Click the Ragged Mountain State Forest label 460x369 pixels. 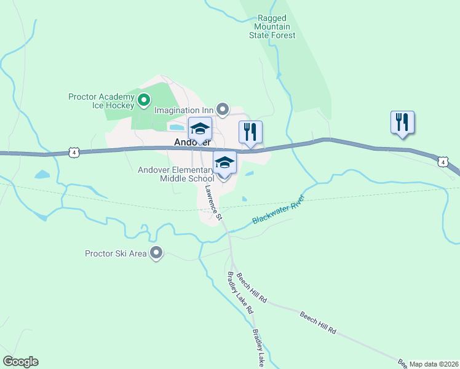click(272, 27)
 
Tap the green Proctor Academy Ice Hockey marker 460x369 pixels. click(143, 98)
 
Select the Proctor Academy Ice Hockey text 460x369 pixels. click(101, 101)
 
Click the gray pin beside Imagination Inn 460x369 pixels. click(223, 110)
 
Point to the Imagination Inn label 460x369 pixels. click(184, 111)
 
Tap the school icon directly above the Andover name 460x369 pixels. click(200, 129)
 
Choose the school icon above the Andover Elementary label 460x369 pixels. click(224, 163)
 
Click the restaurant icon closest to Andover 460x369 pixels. click(250, 132)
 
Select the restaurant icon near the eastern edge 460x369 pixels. click(402, 122)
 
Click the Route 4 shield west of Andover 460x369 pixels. click(74, 151)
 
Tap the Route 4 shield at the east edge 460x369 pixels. click(442, 162)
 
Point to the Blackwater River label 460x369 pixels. click(279, 212)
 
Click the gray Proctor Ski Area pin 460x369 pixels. click(156, 253)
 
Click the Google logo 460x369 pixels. click(20, 362)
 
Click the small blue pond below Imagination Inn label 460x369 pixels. click(176, 128)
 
